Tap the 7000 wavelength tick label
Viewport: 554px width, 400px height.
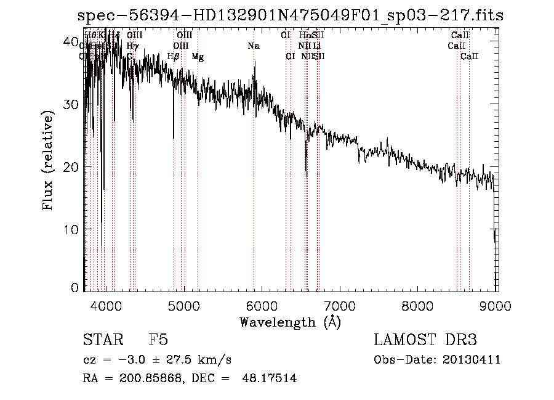[340, 306]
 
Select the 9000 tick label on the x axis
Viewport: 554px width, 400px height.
[497, 306]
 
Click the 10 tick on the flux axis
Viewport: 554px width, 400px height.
[73, 229]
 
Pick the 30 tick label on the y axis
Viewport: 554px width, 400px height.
[73, 105]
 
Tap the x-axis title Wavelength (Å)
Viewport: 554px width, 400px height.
[290, 322]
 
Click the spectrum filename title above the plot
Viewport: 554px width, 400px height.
[291, 15]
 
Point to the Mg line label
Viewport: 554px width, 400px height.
[198, 57]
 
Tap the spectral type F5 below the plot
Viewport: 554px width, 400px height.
[158, 340]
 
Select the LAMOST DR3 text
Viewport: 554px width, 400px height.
[425, 340]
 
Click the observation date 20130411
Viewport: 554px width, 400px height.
[474, 359]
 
